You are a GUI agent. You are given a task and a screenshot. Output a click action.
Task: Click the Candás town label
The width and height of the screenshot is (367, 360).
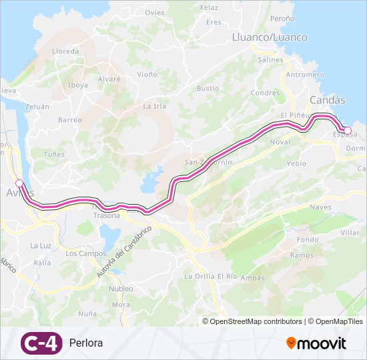pos(328,100)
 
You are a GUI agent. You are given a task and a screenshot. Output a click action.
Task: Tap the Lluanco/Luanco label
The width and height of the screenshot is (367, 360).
pos(269,37)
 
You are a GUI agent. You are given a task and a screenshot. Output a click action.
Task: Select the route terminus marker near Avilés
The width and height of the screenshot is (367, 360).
pos(19,183)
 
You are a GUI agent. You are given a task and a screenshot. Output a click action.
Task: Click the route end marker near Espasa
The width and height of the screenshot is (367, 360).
pos(347,131)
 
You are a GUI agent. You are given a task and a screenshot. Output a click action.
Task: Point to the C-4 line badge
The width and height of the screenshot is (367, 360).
pos(41,343)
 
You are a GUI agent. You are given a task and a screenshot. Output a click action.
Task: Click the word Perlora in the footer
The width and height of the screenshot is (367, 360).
pos(86,343)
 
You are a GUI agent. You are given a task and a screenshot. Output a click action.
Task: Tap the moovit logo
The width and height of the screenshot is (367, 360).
pos(316,343)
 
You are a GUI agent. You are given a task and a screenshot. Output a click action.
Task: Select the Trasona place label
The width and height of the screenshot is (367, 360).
pos(107,215)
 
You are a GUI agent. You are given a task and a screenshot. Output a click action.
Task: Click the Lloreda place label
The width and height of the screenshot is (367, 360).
pos(65,51)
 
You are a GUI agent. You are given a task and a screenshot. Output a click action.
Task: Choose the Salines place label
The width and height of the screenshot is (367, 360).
pos(270,59)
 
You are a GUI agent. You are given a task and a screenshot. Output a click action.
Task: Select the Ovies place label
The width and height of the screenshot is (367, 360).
pos(154,13)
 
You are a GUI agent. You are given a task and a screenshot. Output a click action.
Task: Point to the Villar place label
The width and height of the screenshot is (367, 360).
pos(350,233)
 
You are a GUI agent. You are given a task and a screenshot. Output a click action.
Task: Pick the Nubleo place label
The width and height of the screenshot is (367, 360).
pos(121,289)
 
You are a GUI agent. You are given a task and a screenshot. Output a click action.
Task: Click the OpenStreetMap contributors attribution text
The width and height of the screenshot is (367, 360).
pos(256,321)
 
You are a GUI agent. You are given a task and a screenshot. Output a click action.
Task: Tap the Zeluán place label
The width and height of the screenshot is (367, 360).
pos(37,106)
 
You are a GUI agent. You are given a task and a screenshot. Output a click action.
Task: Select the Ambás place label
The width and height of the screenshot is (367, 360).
pos(252,277)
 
